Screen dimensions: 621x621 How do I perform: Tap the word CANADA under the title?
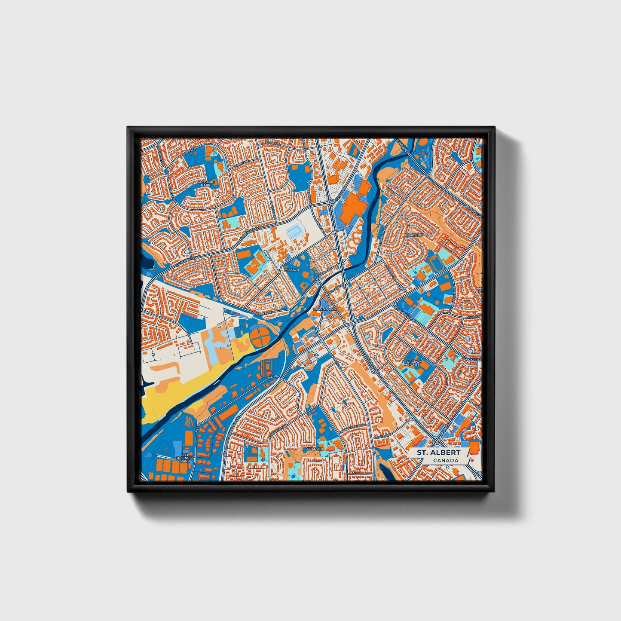click(445, 461)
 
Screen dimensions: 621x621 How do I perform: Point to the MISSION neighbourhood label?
click(291, 269)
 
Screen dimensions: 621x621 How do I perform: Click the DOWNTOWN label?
click(325, 309)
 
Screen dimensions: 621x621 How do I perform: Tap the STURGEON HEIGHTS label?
click(411, 363)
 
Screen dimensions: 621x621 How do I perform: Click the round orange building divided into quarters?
click(261, 337)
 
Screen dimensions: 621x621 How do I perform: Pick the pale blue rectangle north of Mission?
click(295, 232)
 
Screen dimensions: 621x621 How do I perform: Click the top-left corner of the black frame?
click(128, 128)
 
